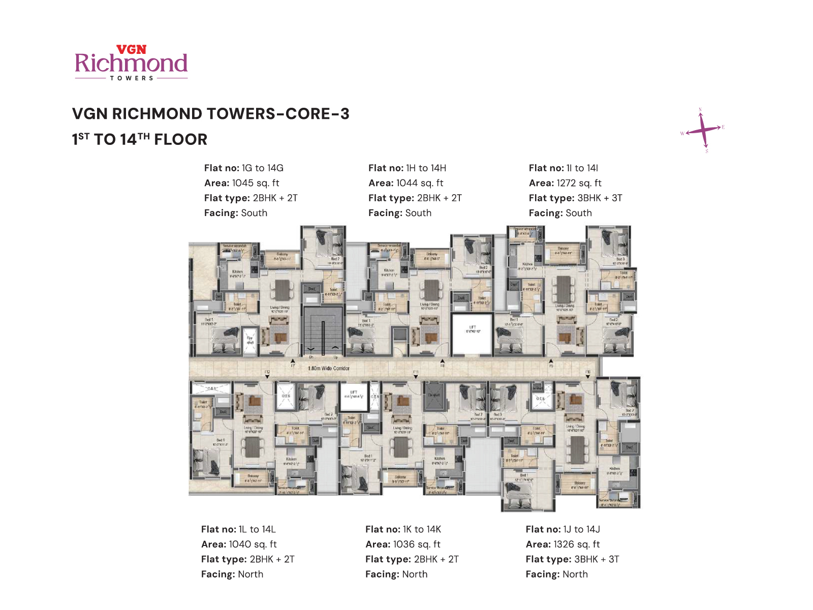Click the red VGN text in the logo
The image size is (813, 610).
pos(131,49)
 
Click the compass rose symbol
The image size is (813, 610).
pos(703,130)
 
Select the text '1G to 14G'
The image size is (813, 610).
pos(262,168)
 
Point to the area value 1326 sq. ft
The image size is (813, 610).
pos(576,544)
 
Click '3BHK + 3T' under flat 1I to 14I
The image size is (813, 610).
pos(600,198)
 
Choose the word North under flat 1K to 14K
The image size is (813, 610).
pos(415,574)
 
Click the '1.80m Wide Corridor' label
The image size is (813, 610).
pos(329,368)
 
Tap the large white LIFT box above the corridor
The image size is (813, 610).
pos(472,333)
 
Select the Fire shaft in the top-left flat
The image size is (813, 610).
pos(249,340)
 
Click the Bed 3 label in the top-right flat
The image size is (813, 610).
pos(620,259)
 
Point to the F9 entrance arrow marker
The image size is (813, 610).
pos(551,362)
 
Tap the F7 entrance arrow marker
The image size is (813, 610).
pos(293,362)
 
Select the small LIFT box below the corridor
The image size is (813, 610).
pos(354,396)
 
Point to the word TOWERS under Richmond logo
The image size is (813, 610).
pos(132,78)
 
